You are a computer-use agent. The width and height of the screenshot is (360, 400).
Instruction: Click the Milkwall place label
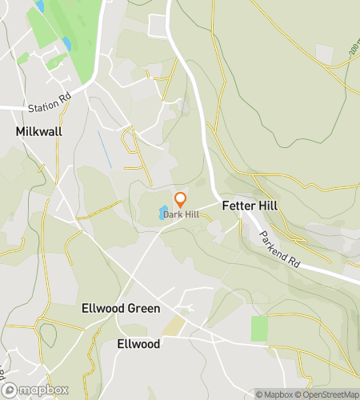tap(39, 131)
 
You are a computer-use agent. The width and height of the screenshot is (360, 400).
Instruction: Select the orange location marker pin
tap(181, 199)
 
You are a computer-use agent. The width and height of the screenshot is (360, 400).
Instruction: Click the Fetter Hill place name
tap(250, 206)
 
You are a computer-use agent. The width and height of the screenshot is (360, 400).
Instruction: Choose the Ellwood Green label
tap(121, 308)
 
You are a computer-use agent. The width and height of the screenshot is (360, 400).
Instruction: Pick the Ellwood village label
tap(138, 344)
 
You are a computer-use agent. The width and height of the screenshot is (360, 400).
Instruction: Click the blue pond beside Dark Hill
tap(163, 212)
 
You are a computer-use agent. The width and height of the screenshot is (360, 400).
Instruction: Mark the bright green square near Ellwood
tap(260, 327)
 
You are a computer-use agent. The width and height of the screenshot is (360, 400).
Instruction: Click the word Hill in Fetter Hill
tap(266, 206)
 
